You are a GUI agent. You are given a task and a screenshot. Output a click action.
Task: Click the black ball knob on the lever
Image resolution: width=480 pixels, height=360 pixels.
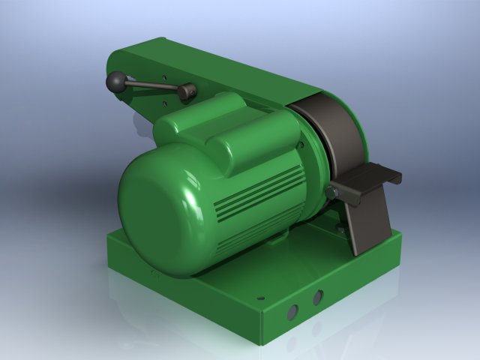[x=116, y=81]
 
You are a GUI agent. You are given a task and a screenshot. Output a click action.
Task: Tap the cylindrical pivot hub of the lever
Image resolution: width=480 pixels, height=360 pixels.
[x=187, y=92]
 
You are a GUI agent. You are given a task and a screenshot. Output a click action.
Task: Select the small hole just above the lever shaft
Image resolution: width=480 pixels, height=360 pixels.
[x=164, y=76]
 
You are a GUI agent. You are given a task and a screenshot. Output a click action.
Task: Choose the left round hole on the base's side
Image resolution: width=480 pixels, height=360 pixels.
[x=293, y=308]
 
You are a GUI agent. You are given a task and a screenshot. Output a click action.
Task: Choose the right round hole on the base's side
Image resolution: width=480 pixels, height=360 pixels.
[x=317, y=298]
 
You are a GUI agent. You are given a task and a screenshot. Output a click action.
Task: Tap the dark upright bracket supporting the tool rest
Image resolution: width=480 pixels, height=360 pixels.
[x=367, y=225]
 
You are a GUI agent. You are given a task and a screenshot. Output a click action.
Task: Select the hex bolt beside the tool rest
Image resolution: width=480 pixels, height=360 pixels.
[x=331, y=194]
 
